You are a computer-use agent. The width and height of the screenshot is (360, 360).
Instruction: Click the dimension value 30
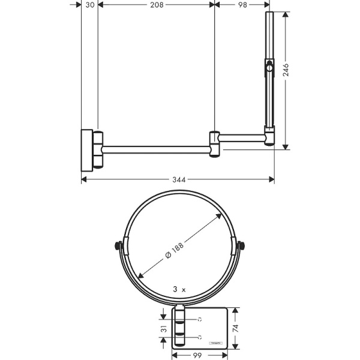coord(90,5)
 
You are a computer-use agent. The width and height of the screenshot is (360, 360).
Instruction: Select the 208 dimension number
coord(155,5)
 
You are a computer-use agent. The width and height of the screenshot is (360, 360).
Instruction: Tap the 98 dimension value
coord(242,5)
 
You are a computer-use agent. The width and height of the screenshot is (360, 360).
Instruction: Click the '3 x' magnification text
coord(178,289)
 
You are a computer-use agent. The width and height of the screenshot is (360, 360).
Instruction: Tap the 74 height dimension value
coord(236,328)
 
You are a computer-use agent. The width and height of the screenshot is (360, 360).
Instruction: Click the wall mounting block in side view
coord(88,148)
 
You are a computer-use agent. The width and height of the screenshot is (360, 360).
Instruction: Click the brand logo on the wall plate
coord(215,341)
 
